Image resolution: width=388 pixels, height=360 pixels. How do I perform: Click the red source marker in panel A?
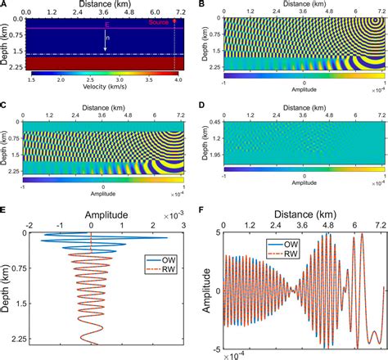[174, 23]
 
